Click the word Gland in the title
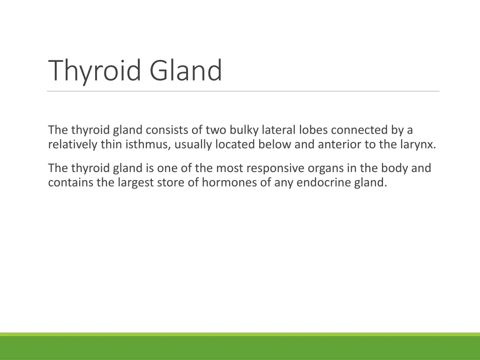coord(186,71)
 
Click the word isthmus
coord(148,144)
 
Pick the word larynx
coord(418,144)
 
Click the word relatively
coord(73,144)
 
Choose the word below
coord(275,144)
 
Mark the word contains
coord(70,183)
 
